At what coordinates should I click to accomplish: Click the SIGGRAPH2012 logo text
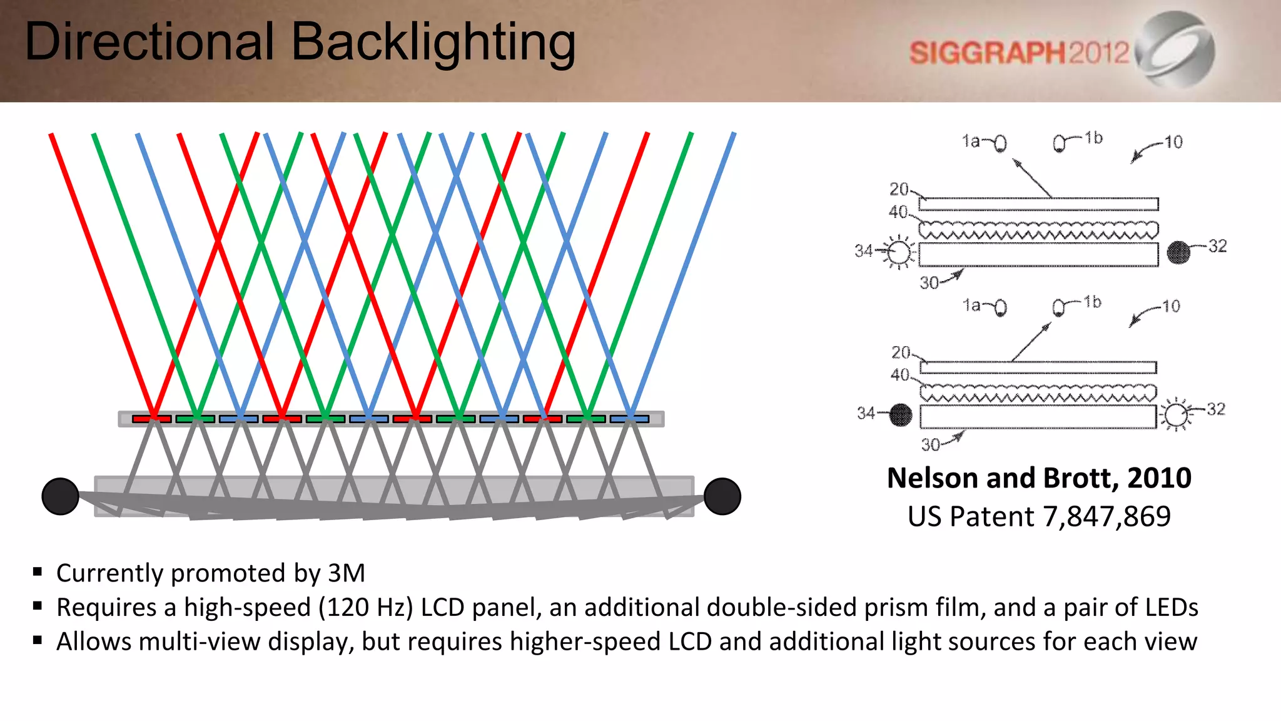click(1019, 53)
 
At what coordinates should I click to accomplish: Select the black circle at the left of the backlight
click(60, 496)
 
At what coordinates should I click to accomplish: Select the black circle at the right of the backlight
click(722, 496)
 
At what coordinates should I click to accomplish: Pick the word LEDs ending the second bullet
click(1172, 608)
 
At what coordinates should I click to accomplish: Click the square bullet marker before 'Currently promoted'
click(38, 571)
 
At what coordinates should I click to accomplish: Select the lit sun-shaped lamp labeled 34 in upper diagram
click(899, 252)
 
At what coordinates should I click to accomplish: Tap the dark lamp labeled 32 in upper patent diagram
click(1178, 252)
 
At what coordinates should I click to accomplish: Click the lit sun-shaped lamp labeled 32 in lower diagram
click(1176, 414)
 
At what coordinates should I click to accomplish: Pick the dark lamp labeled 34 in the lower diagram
click(901, 414)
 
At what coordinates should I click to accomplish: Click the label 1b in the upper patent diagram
click(1093, 138)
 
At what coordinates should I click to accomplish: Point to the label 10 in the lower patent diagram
click(1171, 306)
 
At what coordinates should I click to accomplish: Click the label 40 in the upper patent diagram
click(898, 212)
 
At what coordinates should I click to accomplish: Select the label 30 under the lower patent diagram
click(930, 445)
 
